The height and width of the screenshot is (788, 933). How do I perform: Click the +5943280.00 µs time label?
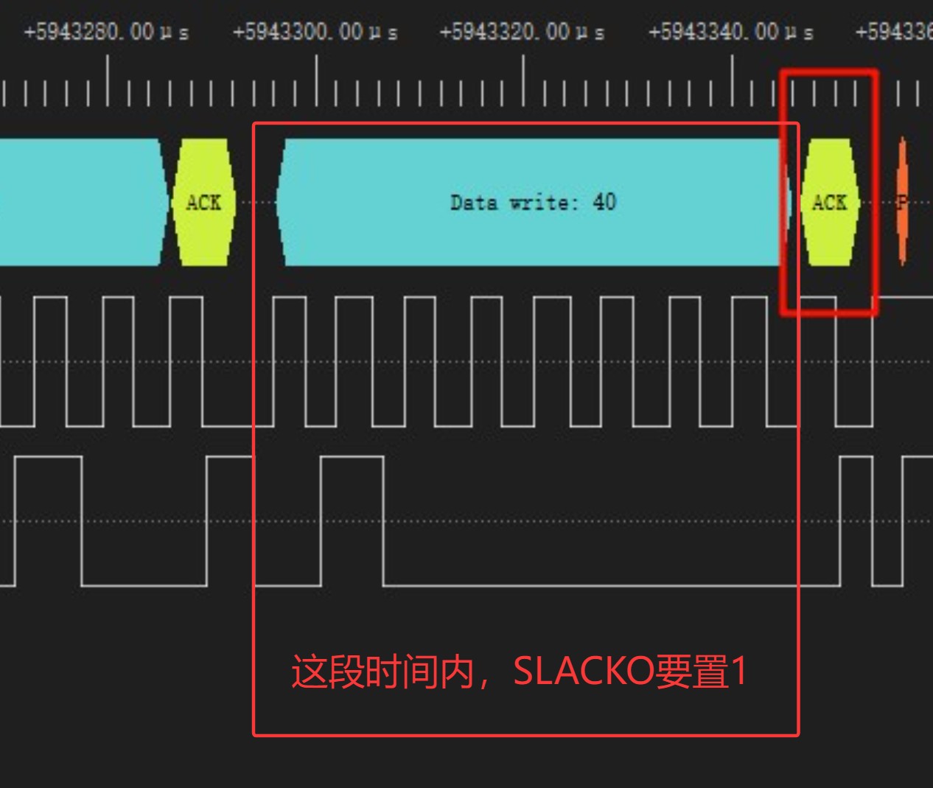pos(106,32)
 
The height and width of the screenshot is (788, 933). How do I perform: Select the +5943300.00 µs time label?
pos(315,32)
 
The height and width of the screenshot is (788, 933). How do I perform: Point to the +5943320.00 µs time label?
pos(522,32)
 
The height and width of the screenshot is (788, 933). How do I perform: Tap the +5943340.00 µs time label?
pos(730,32)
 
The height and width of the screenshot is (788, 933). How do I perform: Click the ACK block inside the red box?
pos(829,202)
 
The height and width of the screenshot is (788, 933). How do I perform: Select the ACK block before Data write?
pos(203,202)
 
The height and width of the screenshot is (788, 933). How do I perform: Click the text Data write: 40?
pos(533,202)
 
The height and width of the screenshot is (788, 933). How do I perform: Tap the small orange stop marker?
pos(902,202)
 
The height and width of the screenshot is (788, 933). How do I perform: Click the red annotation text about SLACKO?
pos(519,672)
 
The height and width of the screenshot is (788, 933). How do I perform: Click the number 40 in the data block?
pos(604,202)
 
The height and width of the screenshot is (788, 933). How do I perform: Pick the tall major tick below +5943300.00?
pos(317,81)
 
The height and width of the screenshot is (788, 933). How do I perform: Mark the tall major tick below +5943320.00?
pos(524,81)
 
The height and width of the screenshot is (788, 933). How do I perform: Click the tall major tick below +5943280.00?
pos(108,81)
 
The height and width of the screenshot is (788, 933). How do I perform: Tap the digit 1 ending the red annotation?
pos(738,672)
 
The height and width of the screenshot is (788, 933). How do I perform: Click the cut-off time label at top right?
pos(893,32)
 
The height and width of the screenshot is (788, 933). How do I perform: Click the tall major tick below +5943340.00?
pos(732,81)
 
